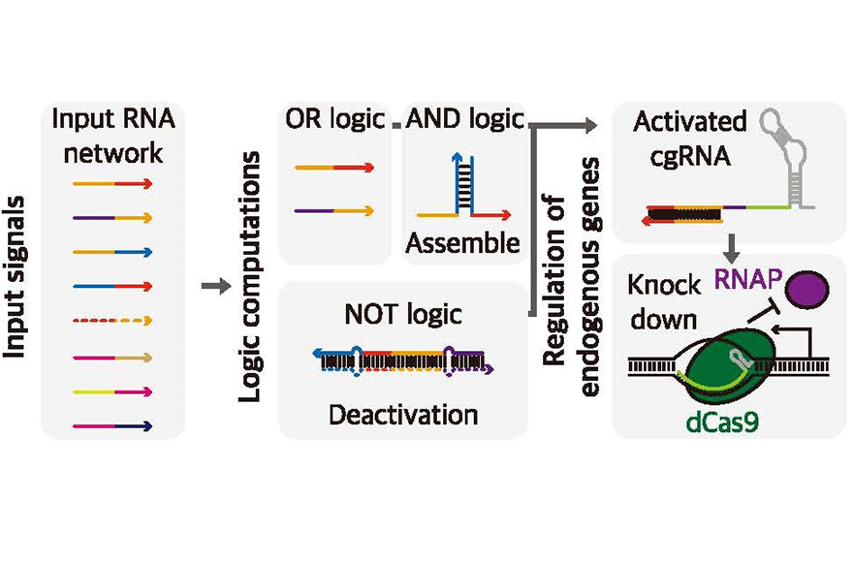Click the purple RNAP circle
(808, 289)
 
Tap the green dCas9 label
(722, 422)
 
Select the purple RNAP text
(748, 279)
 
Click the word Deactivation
(403, 415)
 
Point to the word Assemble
(463, 242)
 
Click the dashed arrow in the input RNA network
(112, 321)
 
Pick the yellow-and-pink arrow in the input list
(112, 391)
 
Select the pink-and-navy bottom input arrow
(112, 426)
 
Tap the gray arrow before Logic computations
(216, 286)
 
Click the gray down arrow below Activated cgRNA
(732, 248)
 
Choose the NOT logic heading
(403, 315)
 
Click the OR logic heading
(335, 119)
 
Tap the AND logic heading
(465, 119)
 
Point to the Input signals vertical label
(15, 277)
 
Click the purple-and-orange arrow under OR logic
(334, 210)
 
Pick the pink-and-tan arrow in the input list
(112, 358)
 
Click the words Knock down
(663, 302)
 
